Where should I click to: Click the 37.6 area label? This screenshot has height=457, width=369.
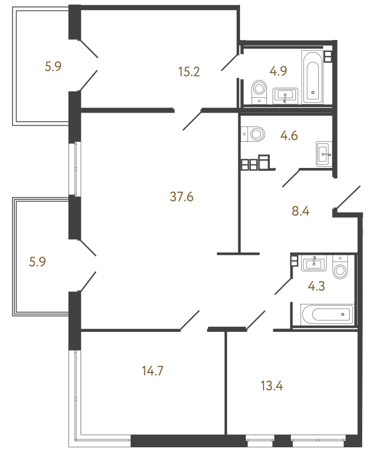181,197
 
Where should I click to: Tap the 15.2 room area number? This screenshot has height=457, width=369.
189,72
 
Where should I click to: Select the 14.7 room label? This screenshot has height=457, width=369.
152,371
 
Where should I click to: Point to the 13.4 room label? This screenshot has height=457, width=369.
272,386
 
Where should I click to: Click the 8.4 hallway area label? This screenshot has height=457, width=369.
301,211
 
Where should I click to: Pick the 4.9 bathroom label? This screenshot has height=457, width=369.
278,71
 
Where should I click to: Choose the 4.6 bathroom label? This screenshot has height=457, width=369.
289,136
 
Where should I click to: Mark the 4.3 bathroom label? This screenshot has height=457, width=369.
317,286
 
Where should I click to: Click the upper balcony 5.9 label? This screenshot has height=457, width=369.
53,67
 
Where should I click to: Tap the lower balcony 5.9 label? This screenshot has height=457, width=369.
38,262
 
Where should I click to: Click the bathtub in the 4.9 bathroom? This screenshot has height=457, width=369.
313,77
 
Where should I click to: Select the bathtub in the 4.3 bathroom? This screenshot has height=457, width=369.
327,314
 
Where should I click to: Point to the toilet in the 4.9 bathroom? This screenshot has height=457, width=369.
259,92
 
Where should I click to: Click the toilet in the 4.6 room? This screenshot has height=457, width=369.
253,134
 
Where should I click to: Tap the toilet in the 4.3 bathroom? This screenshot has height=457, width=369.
340,267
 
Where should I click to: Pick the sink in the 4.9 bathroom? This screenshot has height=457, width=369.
285,95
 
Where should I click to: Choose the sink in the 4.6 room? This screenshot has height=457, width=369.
324,154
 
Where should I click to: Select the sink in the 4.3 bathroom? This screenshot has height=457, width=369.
314,263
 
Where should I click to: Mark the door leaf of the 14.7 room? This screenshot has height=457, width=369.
190,320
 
